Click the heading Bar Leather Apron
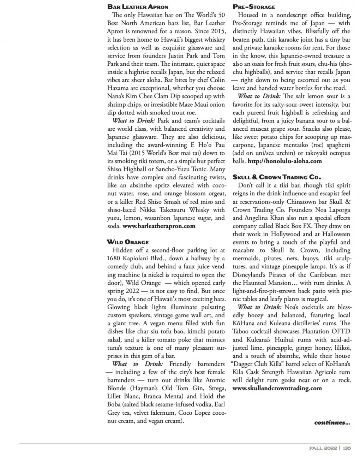pyautogui.click(x=138, y=7)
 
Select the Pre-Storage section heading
pyautogui.click(x=254, y=7)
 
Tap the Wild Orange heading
pyautogui.click(x=128, y=242)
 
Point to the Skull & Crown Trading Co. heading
pyautogui.click(x=277, y=177)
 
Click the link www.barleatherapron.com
pyautogui.click(x=159, y=226)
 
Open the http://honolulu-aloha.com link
pyautogui.click(x=285, y=161)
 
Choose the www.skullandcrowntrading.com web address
pyautogui.click(x=277, y=388)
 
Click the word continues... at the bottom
pyautogui.click(x=332, y=422)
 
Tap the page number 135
pyautogui.click(x=347, y=448)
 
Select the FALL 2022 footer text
pyautogui.click(x=323, y=448)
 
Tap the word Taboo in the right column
pyautogui.click(x=241, y=331)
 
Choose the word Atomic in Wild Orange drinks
pyautogui.click(x=215, y=380)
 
